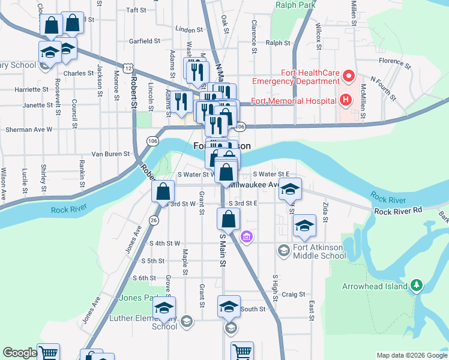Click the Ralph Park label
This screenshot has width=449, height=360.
(x=296, y=5)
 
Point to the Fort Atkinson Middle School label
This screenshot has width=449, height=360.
(x=320, y=251)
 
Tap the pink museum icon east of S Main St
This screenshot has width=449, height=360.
(x=246, y=238)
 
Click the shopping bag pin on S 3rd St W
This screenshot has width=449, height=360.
(x=163, y=192)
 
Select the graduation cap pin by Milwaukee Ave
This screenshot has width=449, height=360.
(x=290, y=189)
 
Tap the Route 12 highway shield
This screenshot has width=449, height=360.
(x=128, y=68)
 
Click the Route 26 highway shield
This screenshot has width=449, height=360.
(x=154, y=221)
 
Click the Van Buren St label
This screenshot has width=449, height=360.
(x=110, y=154)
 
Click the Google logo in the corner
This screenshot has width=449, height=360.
(x=20, y=353)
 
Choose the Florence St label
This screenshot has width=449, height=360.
(x=394, y=61)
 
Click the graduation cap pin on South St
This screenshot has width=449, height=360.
(x=228, y=307)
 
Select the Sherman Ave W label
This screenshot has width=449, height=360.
(x=29, y=129)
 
